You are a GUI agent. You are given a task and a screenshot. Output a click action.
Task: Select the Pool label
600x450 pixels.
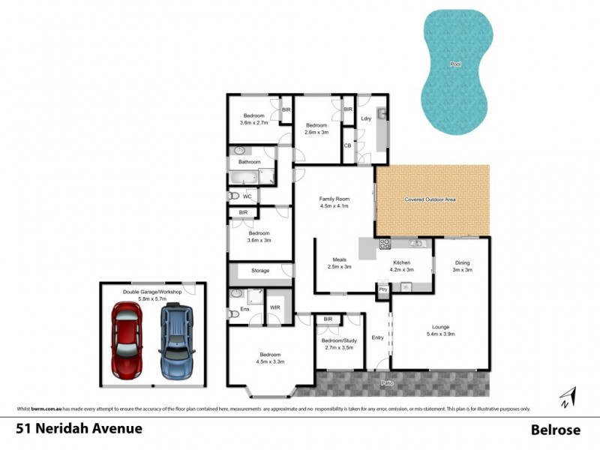point(454,64)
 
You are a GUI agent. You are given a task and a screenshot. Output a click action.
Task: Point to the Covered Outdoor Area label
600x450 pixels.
point(430,199)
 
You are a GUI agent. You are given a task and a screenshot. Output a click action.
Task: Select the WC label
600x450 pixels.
point(247,197)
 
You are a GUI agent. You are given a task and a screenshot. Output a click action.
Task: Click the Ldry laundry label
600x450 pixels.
point(366,118)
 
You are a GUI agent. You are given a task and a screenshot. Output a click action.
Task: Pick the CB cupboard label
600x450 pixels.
point(347,145)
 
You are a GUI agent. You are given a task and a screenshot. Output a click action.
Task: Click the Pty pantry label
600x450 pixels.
point(382,289)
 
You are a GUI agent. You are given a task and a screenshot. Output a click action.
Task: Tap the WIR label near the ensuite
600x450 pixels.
point(274,307)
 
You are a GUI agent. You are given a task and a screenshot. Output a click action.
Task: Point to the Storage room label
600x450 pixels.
point(260,271)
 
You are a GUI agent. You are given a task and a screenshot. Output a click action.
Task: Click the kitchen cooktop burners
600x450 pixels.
point(385,244)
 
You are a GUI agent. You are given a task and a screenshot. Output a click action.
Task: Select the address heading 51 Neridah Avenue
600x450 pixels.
point(78,430)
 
